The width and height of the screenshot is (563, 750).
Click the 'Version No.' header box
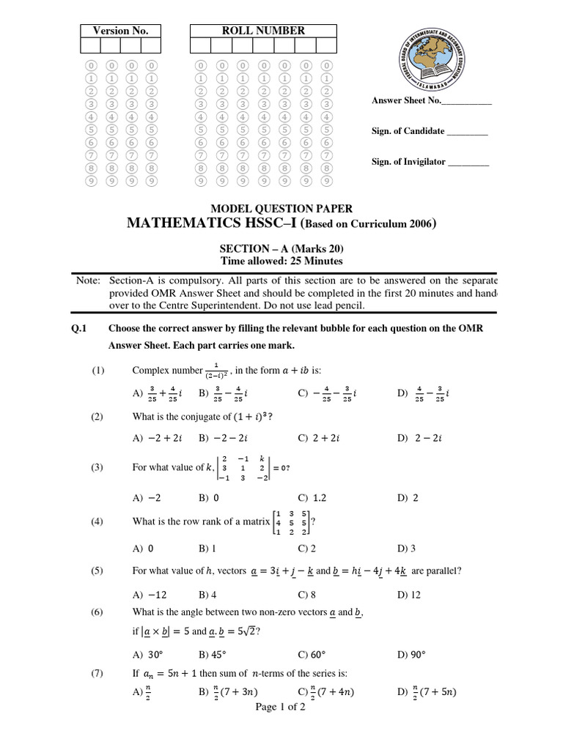coord(120,30)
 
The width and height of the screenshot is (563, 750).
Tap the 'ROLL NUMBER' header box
coord(262,30)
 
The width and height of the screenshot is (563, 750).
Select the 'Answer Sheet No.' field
coord(432,101)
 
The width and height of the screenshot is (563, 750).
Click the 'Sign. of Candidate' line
coord(430,131)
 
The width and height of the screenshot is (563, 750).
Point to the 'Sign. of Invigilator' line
coord(430,162)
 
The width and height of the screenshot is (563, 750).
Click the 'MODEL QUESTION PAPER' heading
coord(282,209)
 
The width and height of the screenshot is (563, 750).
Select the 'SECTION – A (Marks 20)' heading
coord(282,248)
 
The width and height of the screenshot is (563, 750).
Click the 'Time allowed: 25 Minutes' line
coord(282,261)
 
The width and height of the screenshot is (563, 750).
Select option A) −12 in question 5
coord(147,595)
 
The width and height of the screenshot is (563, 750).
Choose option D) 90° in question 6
coord(411,654)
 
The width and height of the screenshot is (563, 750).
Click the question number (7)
coord(98,673)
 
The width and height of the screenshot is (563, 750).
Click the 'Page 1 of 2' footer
coord(280,707)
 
